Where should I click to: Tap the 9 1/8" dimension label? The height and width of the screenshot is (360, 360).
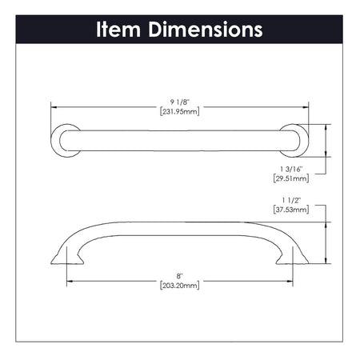pos(179,102)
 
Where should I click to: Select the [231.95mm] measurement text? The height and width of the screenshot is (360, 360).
pos(179,111)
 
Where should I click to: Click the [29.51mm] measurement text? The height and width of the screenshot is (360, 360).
pos(290,178)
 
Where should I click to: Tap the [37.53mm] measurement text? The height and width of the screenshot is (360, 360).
pos(290,211)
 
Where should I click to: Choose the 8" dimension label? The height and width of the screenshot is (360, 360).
pos(179,274)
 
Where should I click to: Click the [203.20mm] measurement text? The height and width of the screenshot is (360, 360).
pos(179,284)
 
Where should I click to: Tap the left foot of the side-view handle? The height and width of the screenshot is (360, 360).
pos(66,256)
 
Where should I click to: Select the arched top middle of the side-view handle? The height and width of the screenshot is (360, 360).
pos(180,222)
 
